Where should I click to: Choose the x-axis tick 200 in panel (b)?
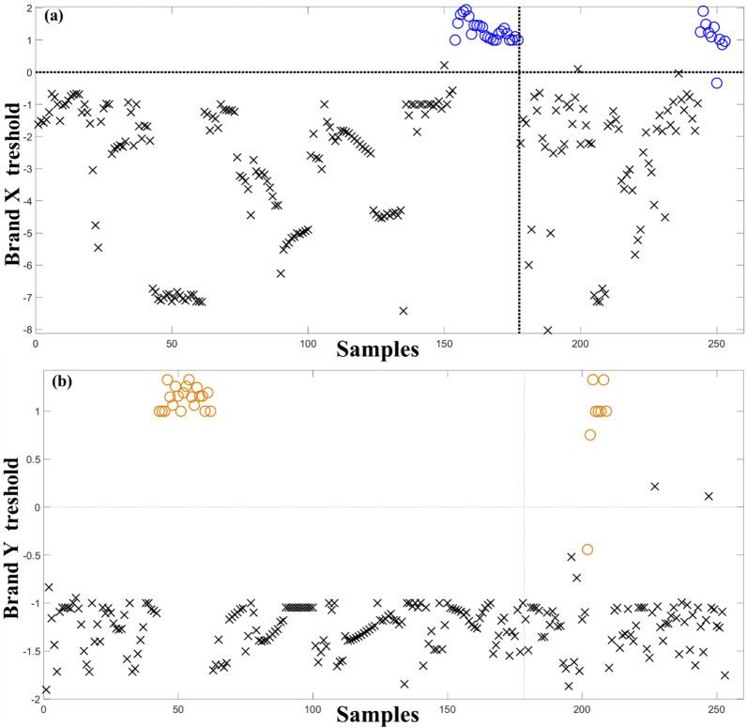[581, 708]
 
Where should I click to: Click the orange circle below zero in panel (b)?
[587, 550]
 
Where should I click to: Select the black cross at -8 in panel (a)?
[547, 330]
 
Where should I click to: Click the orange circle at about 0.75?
[590, 435]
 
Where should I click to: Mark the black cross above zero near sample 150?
[444, 65]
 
